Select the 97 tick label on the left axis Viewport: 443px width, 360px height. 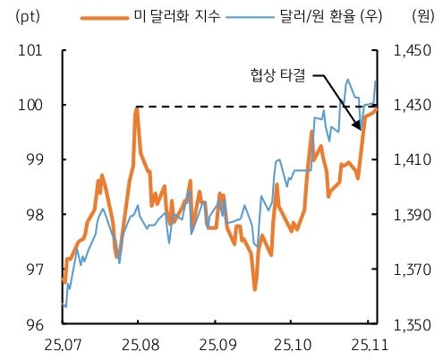point(33,269)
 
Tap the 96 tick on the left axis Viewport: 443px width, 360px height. point(33,323)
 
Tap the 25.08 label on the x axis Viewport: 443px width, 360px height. point(137,343)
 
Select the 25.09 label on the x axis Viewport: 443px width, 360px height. point(217,343)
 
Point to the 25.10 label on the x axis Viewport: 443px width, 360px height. point(294,343)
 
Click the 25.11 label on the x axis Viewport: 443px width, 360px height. point(369,343)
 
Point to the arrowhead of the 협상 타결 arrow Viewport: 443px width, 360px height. point(362,130)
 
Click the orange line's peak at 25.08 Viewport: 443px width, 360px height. point(136,109)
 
